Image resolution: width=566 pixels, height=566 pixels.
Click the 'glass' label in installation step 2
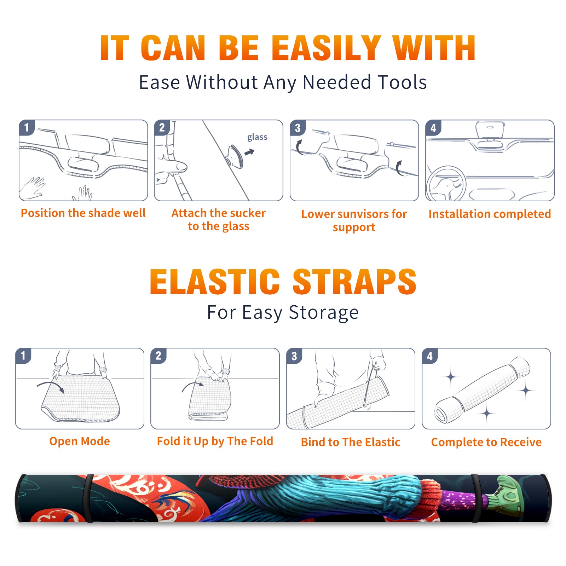point(257,137)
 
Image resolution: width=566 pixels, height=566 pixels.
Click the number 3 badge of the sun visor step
point(298,128)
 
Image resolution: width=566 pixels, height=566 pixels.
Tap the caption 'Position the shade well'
point(83,213)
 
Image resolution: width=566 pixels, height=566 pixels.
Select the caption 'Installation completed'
point(490,214)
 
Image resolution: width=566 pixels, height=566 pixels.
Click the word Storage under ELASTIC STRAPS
point(324,313)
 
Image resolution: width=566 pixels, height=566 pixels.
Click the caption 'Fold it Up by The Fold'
point(215,441)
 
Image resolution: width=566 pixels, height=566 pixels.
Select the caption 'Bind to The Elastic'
point(351,442)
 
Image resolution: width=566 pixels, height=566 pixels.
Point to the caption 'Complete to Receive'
point(486,442)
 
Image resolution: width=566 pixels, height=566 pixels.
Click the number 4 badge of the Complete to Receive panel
point(430,356)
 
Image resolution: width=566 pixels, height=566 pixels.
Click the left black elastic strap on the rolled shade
point(88,498)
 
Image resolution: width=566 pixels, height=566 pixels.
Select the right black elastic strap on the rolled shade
point(475,498)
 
